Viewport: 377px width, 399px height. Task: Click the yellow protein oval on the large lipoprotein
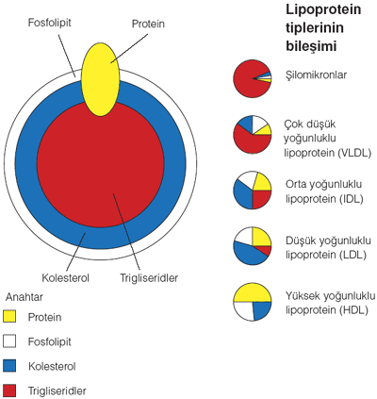tap(100, 80)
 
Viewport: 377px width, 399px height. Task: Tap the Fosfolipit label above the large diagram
tap(50, 23)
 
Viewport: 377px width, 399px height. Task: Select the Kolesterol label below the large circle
tap(66, 278)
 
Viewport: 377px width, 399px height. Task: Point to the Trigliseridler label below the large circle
tap(149, 278)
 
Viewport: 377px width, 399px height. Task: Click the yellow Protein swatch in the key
tap(9, 316)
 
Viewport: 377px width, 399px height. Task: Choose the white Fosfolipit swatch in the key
tap(9, 341)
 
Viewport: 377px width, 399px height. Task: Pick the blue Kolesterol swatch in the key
tap(9, 366)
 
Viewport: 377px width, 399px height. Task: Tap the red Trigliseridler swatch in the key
tap(9, 391)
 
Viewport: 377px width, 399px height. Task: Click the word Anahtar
tap(25, 297)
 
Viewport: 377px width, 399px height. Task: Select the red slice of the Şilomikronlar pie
tap(247, 80)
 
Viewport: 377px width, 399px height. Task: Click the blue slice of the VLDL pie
tap(246, 124)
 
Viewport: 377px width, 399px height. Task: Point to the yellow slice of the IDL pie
tap(261, 182)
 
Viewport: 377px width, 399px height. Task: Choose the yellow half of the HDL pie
tap(253, 293)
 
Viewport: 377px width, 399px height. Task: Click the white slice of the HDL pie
tap(245, 310)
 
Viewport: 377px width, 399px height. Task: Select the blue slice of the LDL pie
tap(250, 253)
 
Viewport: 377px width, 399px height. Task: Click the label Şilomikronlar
tap(316, 75)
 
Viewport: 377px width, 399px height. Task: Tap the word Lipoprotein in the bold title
tap(323, 9)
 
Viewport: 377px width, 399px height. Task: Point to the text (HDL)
tap(353, 310)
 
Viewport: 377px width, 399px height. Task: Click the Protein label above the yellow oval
tap(148, 24)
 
